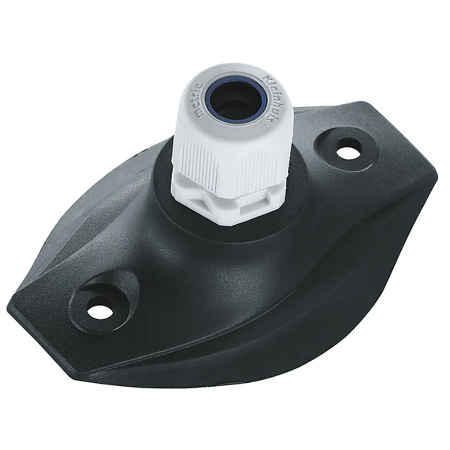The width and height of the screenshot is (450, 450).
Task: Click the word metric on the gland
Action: click(x=200, y=100)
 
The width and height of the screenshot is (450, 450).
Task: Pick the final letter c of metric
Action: click(x=201, y=86)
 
